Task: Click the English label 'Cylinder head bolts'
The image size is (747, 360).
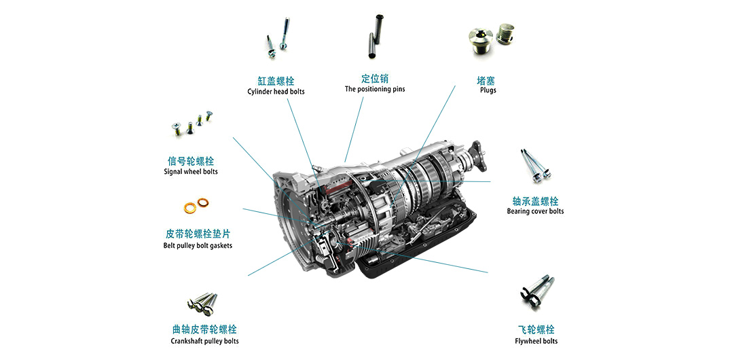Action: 276,92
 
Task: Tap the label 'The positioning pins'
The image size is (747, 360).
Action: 375,89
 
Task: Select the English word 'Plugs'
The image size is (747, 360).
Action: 488,90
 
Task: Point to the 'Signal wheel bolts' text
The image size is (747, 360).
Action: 191,171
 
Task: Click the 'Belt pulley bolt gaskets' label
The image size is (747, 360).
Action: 198,246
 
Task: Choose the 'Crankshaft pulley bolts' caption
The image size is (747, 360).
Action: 205,341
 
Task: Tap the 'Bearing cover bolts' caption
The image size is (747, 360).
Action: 535,211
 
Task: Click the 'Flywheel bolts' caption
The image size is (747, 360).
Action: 536,341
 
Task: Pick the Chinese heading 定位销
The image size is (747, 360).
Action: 375,78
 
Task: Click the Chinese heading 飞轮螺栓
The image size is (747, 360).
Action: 536,329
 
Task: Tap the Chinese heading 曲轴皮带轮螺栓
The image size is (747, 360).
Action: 205,329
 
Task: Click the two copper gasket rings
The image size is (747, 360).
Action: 196,206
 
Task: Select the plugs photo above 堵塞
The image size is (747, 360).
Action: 492,38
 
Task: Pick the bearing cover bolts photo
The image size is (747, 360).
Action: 536,166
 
